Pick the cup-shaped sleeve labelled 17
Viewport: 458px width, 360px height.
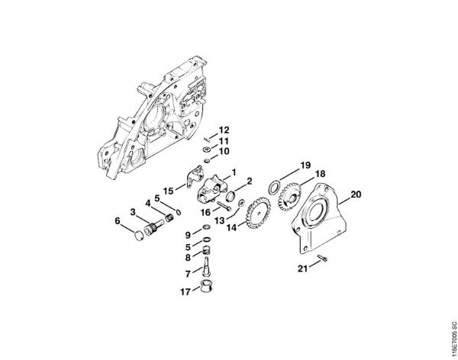[x=205, y=288]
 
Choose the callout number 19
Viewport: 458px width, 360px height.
[x=305, y=166]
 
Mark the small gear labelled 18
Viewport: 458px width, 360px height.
[x=292, y=192]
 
